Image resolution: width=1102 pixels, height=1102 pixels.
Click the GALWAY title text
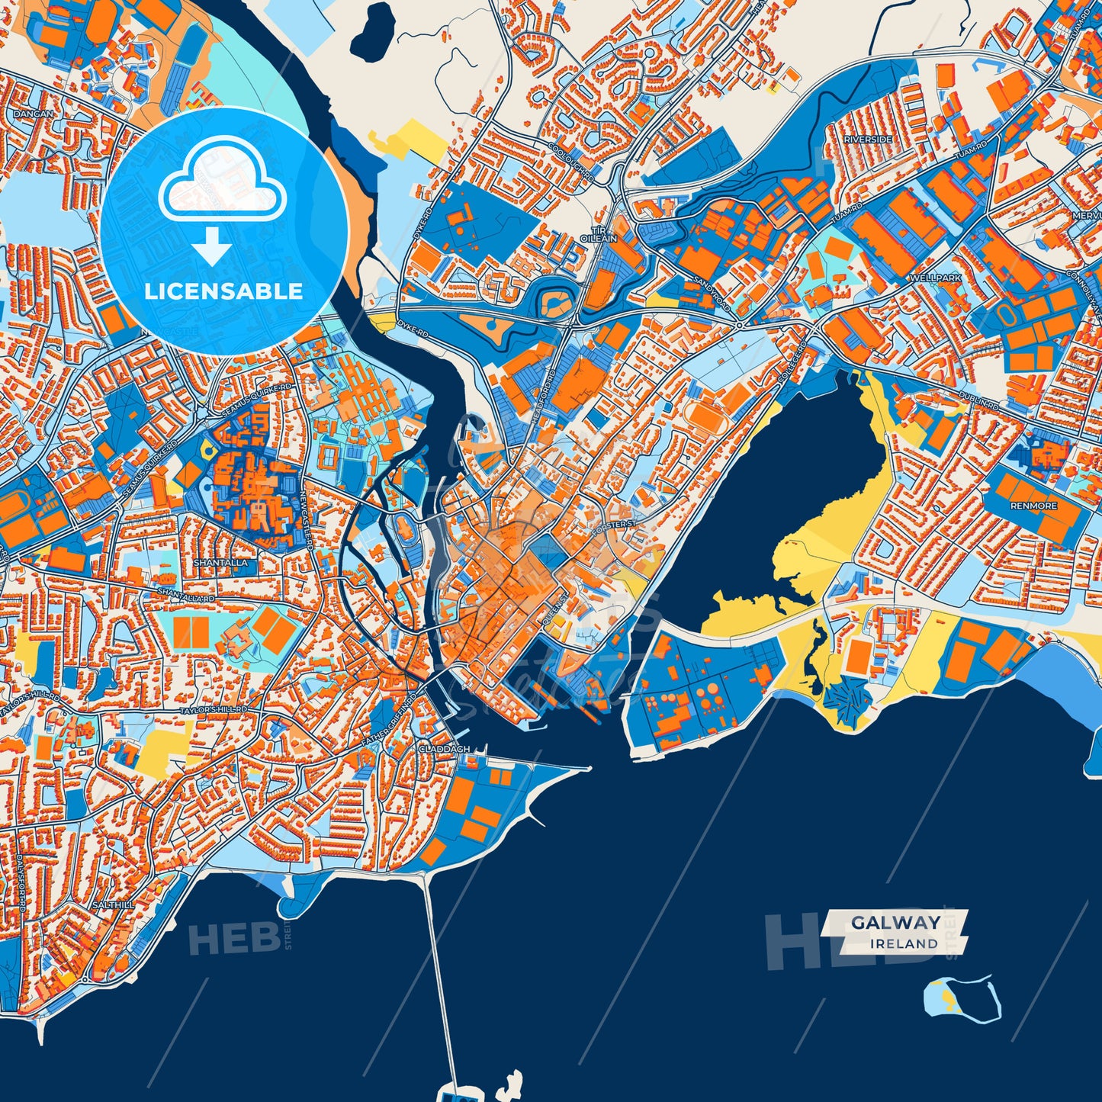pyautogui.click(x=895, y=923)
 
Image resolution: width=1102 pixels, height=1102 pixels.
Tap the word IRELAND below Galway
pyautogui.click(x=904, y=943)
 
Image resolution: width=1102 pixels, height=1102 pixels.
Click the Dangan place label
pyautogui.click(x=34, y=114)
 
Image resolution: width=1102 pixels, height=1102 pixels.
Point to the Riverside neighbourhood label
pyautogui.click(x=868, y=140)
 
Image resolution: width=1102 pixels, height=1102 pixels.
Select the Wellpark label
pyautogui.click(x=936, y=278)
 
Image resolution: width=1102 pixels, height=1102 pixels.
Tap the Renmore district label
pyautogui.click(x=1034, y=506)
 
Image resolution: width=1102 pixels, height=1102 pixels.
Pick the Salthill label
pyautogui.click(x=113, y=904)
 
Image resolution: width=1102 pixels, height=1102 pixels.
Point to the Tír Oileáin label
pyautogui.click(x=599, y=233)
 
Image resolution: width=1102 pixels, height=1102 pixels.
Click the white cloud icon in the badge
pyautogui.click(x=222, y=182)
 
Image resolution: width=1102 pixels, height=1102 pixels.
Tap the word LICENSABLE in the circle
pyautogui.click(x=223, y=291)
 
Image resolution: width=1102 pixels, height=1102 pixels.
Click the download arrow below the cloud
pyautogui.click(x=212, y=248)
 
